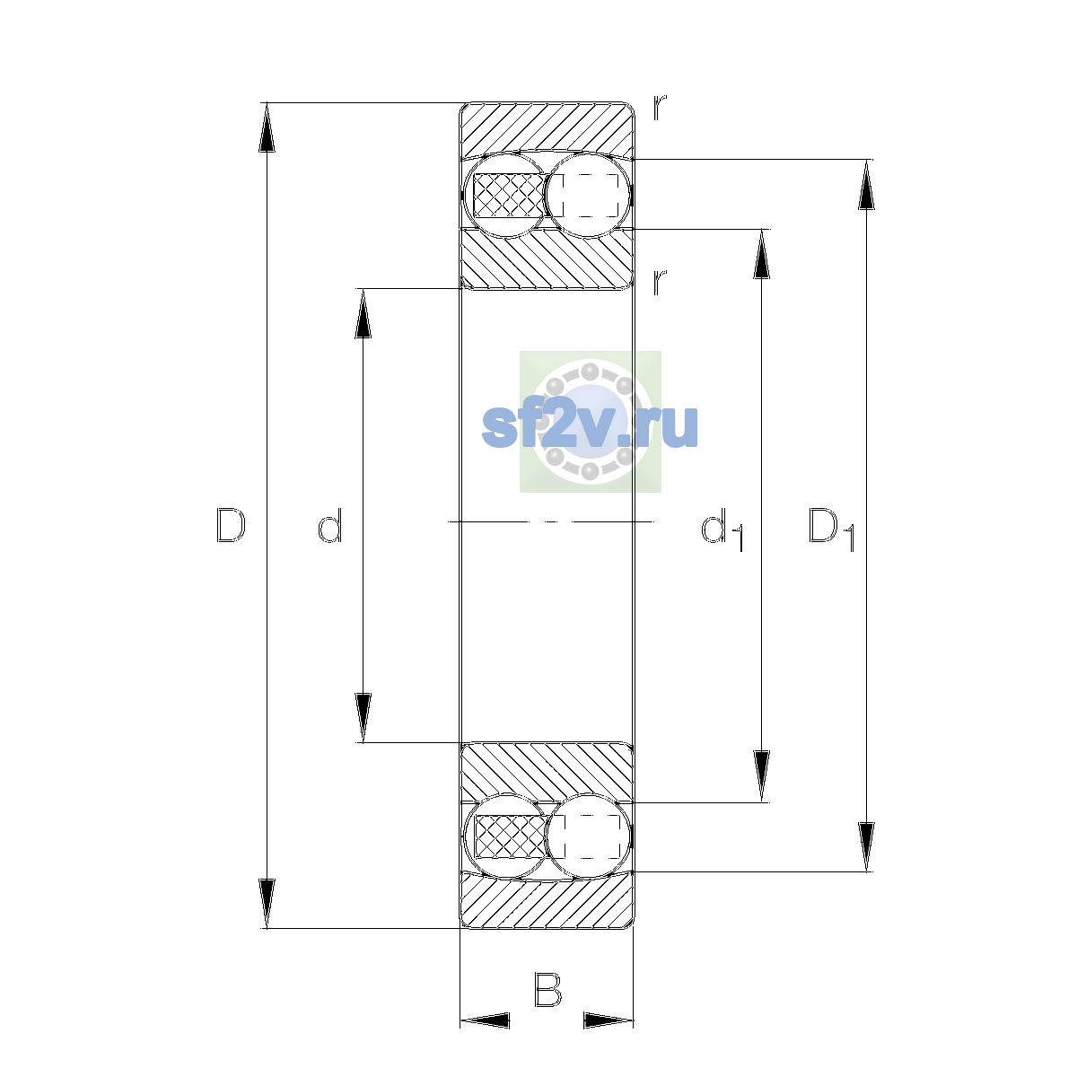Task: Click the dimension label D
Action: point(231,525)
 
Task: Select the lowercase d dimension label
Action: point(329,525)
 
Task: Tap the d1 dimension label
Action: point(722,528)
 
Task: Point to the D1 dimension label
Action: point(832,528)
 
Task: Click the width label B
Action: point(547,990)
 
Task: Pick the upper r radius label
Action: point(660,108)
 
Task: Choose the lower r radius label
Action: point(660,282)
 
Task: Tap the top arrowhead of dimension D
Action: point(267,127)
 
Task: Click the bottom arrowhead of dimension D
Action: point(267,904)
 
